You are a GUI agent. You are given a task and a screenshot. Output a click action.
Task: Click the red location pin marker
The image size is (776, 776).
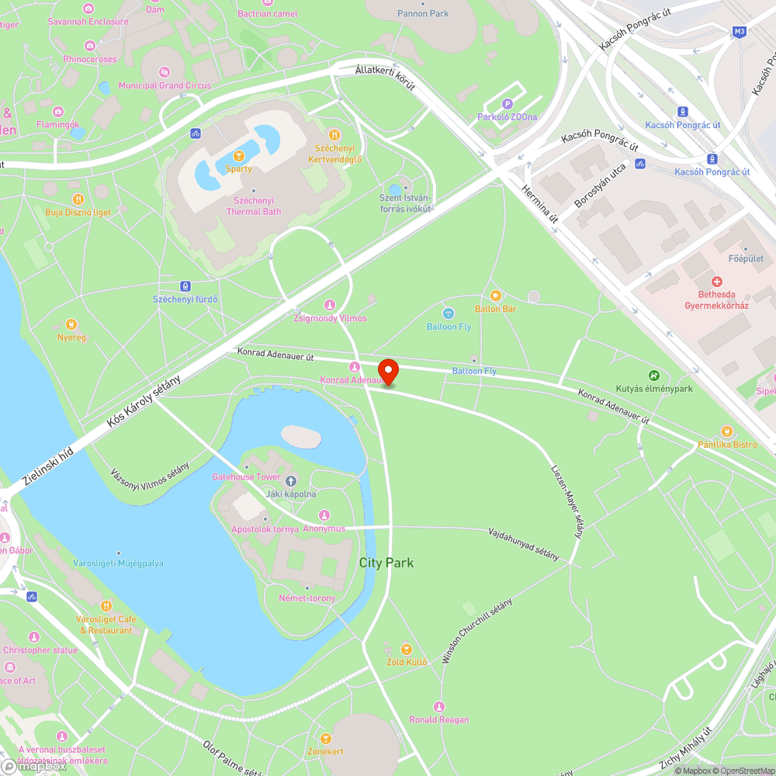(387, 371)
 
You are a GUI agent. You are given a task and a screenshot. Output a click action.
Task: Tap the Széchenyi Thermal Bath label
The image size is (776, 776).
(253, 206)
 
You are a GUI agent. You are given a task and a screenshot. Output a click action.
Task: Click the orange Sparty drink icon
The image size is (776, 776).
(238, 155)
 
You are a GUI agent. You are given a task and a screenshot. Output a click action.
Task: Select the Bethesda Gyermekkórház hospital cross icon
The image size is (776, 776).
(715, 281)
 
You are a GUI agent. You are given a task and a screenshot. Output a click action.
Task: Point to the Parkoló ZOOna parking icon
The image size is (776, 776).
(508, 104)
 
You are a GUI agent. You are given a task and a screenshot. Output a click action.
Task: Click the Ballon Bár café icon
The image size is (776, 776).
(496, 296)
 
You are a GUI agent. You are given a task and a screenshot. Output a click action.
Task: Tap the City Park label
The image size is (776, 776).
(386, 563)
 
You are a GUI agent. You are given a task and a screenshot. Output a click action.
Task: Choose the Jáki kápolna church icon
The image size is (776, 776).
(291, 481)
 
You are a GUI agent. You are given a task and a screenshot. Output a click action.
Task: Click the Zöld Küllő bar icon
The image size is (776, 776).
(406, 649)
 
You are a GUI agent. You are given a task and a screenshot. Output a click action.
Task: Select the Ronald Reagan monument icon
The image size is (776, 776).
(439, 706)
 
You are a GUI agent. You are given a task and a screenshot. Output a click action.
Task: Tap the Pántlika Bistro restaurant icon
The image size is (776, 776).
(726, 431)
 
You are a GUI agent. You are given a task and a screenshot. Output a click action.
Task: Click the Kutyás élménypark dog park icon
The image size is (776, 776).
(653, 375)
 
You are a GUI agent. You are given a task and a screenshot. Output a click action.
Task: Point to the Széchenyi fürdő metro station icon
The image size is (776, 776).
(185, 286)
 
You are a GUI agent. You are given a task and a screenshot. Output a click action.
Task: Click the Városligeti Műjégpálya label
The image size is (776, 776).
(118, 563)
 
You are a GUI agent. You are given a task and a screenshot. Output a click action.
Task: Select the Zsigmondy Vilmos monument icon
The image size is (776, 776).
(328, 305)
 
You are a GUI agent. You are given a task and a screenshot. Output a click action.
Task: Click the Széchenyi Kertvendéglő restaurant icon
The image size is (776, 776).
(334, 134)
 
